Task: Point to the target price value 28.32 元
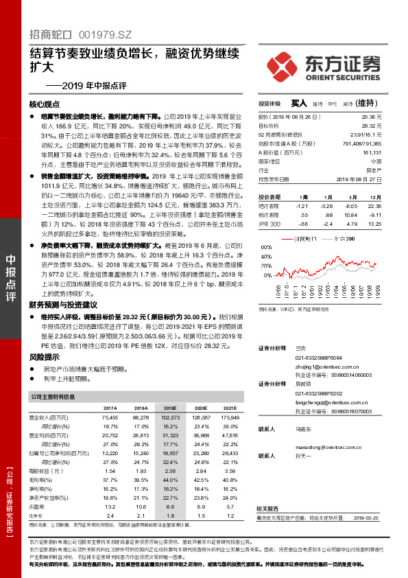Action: pyautogui.click(x=370, y=126)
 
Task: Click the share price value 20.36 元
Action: pyautogui.click(x=370, y=118)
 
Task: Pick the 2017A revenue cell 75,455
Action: pyautogui.click(x=110, y=417)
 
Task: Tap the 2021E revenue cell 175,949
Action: pyautogui.click(x=230, y=417)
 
